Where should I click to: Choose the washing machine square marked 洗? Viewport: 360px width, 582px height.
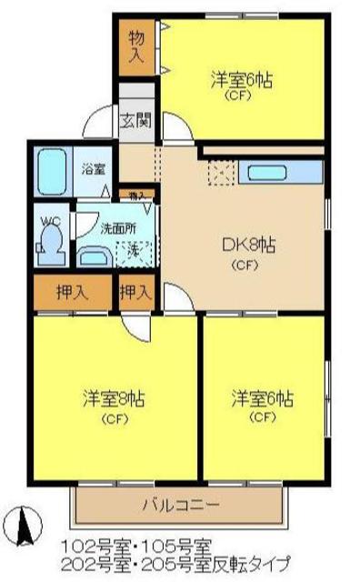tap(132, 249)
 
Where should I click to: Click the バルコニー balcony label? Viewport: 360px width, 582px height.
tap(179, 504)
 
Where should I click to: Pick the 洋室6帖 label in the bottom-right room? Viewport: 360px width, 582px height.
tap(262, 398)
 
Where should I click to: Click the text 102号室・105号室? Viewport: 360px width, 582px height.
tap(136, 546)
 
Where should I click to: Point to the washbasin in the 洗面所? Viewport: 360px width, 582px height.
tap(92, 256)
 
